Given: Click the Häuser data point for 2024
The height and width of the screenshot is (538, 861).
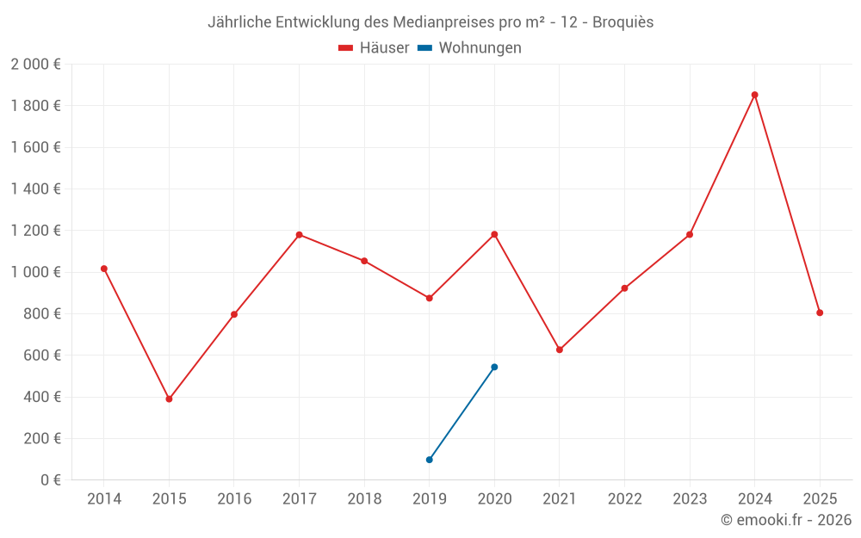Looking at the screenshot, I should tap(754, 95).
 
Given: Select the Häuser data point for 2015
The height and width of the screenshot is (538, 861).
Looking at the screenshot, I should tap(169, 399).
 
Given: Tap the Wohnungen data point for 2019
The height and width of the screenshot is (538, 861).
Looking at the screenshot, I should tap(429, 460).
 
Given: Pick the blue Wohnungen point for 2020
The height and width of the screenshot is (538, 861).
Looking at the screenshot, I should tap(494, 367).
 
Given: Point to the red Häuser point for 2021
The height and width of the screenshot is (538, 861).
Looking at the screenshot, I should tap(560, 349).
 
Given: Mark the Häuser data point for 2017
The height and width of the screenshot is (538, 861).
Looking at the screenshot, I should tap(299, 234).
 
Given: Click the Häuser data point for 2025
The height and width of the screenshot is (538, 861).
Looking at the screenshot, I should tap(820, 312).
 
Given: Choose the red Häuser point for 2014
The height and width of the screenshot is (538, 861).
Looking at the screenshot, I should tap(104, 269).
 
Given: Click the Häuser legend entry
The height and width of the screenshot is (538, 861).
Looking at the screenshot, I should tap(374, 48).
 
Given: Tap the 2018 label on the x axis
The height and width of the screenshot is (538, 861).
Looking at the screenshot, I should tap(364, 499).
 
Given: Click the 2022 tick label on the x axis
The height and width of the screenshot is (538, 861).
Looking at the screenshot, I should tap(624, 499).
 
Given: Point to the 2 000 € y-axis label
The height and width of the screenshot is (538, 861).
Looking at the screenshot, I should tap(35, 65).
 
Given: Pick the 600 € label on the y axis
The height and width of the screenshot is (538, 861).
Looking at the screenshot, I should tap(40, 356).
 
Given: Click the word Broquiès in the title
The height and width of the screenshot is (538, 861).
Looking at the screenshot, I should tap(623, 22).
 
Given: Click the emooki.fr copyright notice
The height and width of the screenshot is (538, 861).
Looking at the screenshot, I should tap(786, 520).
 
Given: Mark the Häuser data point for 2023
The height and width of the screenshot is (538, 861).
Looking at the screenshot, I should tap(690, 234).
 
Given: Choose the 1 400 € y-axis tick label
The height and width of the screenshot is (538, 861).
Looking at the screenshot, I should tap(35, 189).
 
